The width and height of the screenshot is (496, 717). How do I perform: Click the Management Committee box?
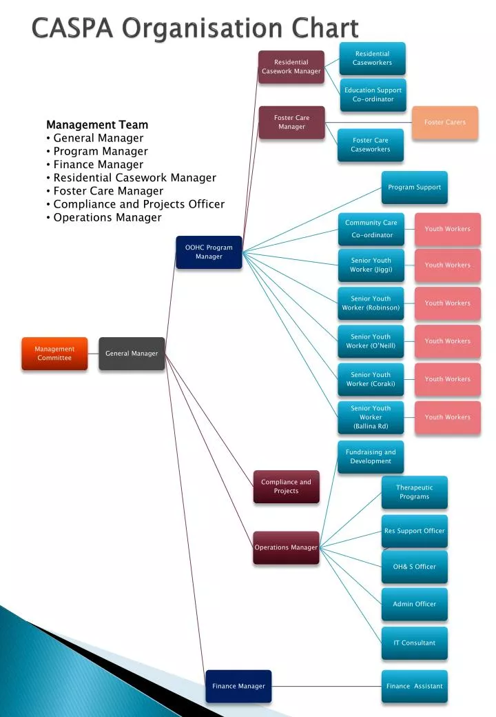pyautogui.click(x=54, y=354)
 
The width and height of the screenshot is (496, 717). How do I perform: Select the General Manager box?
pyautogui.click(x=132, y=354)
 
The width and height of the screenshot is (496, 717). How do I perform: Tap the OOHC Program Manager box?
pyautogui.click(x=209, y=252)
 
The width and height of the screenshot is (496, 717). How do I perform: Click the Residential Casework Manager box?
pyautogui.click(x=291, y=67)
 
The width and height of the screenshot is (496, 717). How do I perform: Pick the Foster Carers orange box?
pyautogui.click(x=444, y=123)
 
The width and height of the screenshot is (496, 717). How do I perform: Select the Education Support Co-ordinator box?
pyautogui.click(x=373, y=94)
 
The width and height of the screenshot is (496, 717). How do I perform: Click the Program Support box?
pyautogui.click(x=414, y=188)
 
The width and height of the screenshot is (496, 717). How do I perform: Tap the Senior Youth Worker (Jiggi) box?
pyautogui.click(x=371, y=265)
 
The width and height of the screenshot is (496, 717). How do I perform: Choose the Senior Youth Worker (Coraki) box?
pyautogui.click(x=371, y=379)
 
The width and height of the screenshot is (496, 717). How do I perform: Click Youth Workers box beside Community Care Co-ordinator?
pyautogui.click(x=447, y=229)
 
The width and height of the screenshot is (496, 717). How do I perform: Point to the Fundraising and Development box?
pyautogui.click(x=371, y=457)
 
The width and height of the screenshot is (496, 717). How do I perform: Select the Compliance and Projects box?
pyautogui.click(x=286, y=487)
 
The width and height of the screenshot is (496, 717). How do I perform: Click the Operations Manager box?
pyautogui.click(x=286, y=548)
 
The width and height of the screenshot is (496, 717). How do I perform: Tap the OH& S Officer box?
pyautogui.click(x=414, y=567)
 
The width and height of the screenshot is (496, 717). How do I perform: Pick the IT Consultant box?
pyautogui.click(x=414, y=643)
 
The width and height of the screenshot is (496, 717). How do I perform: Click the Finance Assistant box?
pyautogui.click(x=414, y=686)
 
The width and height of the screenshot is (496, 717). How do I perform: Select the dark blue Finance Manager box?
pyautogui.click(x=238, y=686)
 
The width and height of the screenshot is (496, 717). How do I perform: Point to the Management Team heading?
pyautogui.click(x=97, y=125)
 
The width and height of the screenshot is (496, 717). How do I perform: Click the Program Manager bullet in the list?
pyautogui.click(x=101, y=151)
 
